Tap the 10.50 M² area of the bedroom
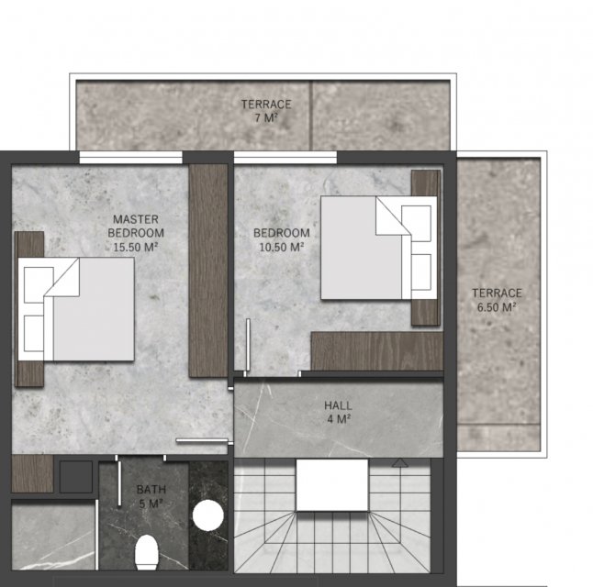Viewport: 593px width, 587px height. [x=282, y=248]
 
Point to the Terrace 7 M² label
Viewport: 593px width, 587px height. [x=266, y=111]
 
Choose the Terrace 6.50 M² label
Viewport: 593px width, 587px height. [x=497, y=300]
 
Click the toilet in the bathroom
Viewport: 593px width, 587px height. [x=146, y=552]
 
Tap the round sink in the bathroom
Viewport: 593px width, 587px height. [x=208, y=515]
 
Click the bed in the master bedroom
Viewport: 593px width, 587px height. [x=76, y=309]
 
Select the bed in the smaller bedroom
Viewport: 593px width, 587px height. [x=379, y=248]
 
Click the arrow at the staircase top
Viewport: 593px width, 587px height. [x=399, y=462]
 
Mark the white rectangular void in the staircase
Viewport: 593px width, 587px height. [x=332, y=485]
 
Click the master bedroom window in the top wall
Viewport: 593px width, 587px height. [x=131, y=157]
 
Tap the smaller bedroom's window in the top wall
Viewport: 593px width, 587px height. [x=285, y=157]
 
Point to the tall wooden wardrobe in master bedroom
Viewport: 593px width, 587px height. [x=208, y=271]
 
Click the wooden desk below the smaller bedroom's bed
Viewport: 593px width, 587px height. [x=377, y=351]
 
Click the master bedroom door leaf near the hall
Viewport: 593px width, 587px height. [x=202, y=440]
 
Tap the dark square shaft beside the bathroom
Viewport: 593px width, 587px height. [x=76, y=477]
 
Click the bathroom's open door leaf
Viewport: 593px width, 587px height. [x=119, y=482]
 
